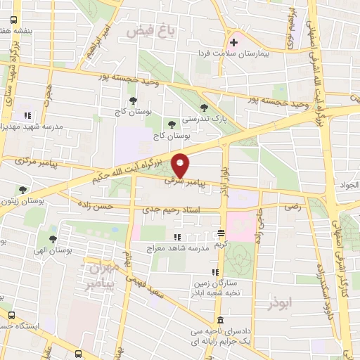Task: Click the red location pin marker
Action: click(181, 166)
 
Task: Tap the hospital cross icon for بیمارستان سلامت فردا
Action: click(234, 43)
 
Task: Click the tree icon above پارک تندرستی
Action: click(204, 108)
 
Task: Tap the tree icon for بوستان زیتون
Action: click(23, 189)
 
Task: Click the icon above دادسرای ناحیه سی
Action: click(219, 319)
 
